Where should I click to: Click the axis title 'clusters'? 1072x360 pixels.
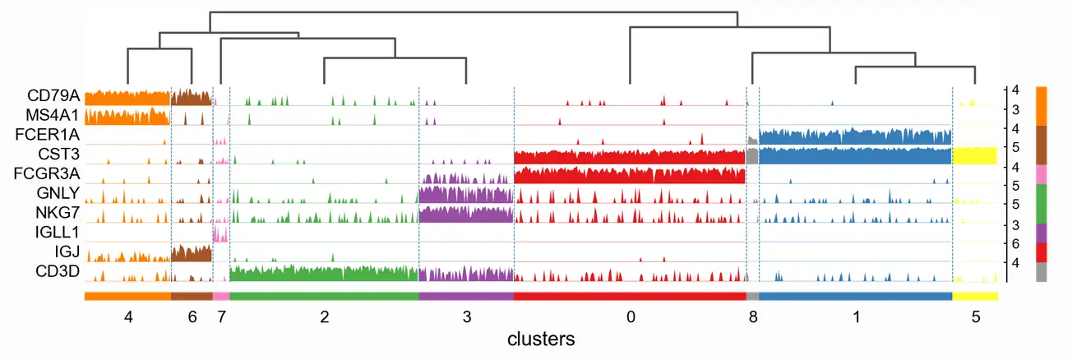coord(540,339)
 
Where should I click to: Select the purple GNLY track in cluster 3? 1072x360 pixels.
coord(465,195)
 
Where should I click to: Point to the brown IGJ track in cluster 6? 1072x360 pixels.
coord(192,254)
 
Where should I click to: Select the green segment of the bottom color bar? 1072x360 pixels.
coord(324,296)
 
